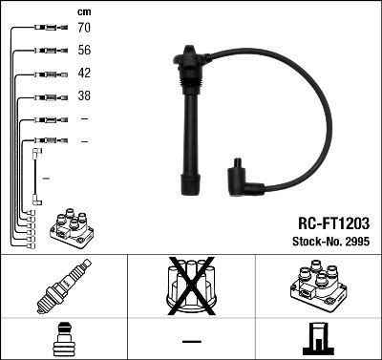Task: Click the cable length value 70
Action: [x=83, y=30]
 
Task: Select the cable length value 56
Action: [x=83, y=52]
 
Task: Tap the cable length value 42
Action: [x=83, y=74]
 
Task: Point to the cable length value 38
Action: [x=83, y=96]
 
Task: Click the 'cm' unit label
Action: [x=83, y=11]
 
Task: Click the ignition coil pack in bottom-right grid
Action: [x=318, y=286]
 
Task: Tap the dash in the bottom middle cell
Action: [x=191, y=340]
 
